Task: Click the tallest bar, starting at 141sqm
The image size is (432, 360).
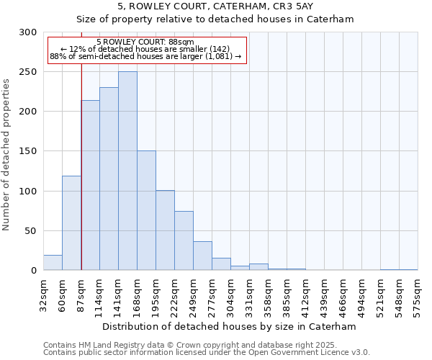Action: tap(127, 171)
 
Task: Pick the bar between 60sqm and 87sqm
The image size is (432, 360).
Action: tap(71, 223)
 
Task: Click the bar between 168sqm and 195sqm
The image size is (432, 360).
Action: tap(146, 210)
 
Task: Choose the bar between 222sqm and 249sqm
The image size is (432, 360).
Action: tap(184, 240)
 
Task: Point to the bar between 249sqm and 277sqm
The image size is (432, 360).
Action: tap(202, 256)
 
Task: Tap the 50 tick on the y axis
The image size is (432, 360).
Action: tap(31, 231)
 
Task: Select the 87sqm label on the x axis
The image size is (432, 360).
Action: tap(81, 292)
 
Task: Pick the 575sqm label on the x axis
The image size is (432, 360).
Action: tap(418, 292)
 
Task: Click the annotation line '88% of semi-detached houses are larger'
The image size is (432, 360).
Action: tap(147, 56)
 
